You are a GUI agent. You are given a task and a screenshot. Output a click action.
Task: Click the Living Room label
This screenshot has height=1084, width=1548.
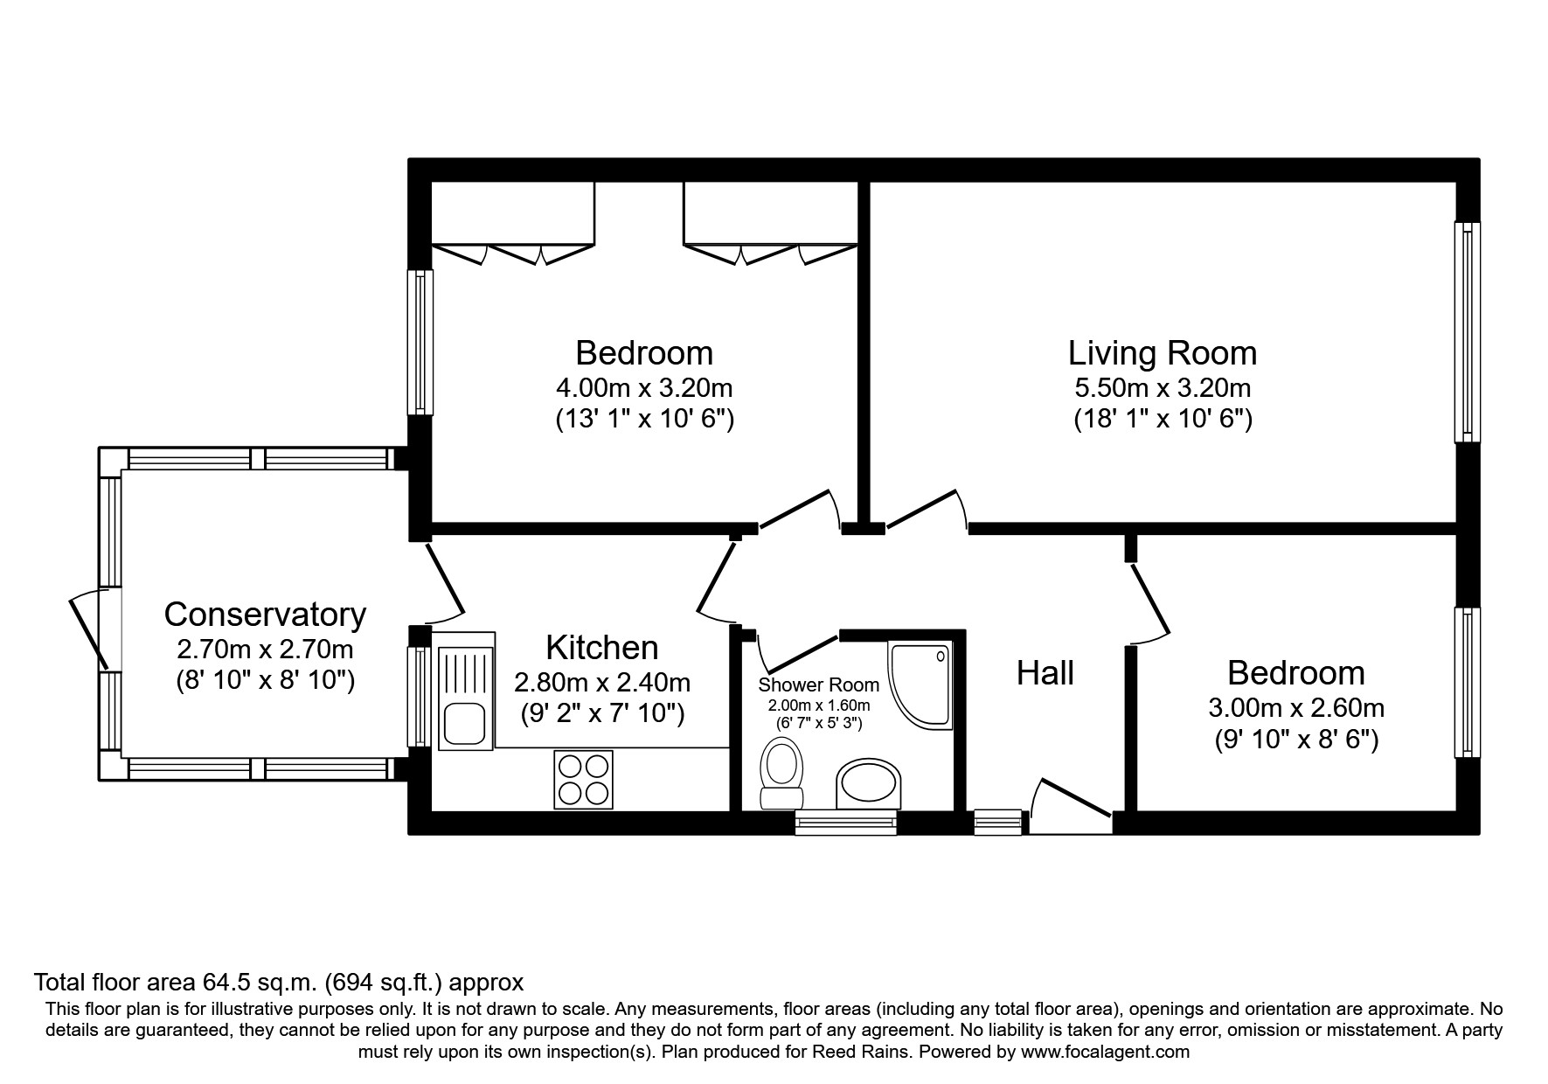click(x=1163, y=353)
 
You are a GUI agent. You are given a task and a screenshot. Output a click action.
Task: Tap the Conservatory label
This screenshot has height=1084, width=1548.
click(x=265, y=615)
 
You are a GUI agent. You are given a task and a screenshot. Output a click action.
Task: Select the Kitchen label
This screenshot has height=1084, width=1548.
click(x=602, y=648)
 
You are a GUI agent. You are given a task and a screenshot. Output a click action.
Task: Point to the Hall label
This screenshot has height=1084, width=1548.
click(x=1045, y=673)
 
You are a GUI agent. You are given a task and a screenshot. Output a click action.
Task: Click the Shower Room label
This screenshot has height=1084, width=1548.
click(x=818, y=685)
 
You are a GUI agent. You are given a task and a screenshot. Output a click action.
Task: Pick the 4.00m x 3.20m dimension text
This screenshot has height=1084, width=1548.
click(x=644, y=387)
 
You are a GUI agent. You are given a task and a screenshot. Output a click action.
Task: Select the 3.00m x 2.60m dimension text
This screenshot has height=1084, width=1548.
click(x=1296, y=707)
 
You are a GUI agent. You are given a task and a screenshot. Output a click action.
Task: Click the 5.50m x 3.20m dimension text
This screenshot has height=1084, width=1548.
click(x=1163, y=387)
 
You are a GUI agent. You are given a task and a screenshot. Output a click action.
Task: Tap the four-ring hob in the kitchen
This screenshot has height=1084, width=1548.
click(x=582, y=780)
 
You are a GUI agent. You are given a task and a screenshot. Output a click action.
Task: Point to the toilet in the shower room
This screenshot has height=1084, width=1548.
click(x=781, y=773)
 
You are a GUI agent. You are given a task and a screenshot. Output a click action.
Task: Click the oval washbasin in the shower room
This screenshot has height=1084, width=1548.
click(x=868, y=783)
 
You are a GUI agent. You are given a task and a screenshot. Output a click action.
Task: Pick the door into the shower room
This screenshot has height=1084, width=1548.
click(x=796, y=652)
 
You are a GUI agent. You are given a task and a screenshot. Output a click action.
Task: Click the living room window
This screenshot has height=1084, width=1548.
click(x=1468, y=332)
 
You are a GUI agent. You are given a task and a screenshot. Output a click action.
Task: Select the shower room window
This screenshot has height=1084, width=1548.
click(x=846, y=823)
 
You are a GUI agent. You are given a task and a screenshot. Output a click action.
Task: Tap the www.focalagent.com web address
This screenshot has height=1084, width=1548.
click(x=1104, y=1052)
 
